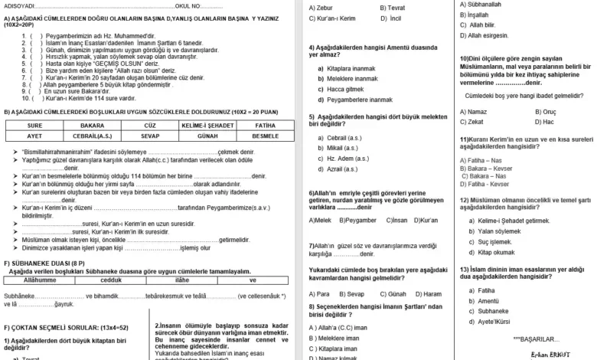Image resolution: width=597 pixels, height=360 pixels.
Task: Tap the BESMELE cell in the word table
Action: (x=265, y=135)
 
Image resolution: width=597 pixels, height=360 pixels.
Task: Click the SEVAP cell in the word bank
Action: (x=150, y=135)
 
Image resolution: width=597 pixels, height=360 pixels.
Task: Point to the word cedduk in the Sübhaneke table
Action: (x=111, y=280)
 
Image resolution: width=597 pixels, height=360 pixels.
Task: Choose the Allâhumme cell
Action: (x=40, y=280)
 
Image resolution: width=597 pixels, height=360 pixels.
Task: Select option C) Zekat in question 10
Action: (x=471, y=122)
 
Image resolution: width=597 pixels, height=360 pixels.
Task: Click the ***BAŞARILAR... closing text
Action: (x=537, y=339)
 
